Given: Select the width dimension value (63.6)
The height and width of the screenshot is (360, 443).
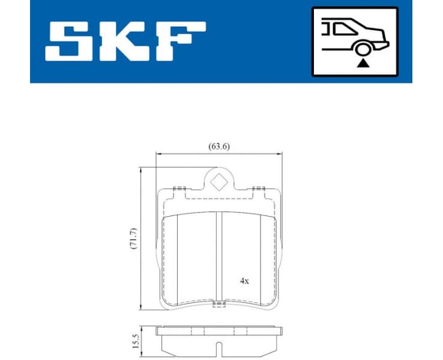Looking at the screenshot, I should [219, 146].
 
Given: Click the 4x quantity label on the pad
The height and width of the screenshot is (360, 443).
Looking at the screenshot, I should [245, 280].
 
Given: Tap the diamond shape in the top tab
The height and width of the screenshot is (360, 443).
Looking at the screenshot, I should [219, 181].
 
